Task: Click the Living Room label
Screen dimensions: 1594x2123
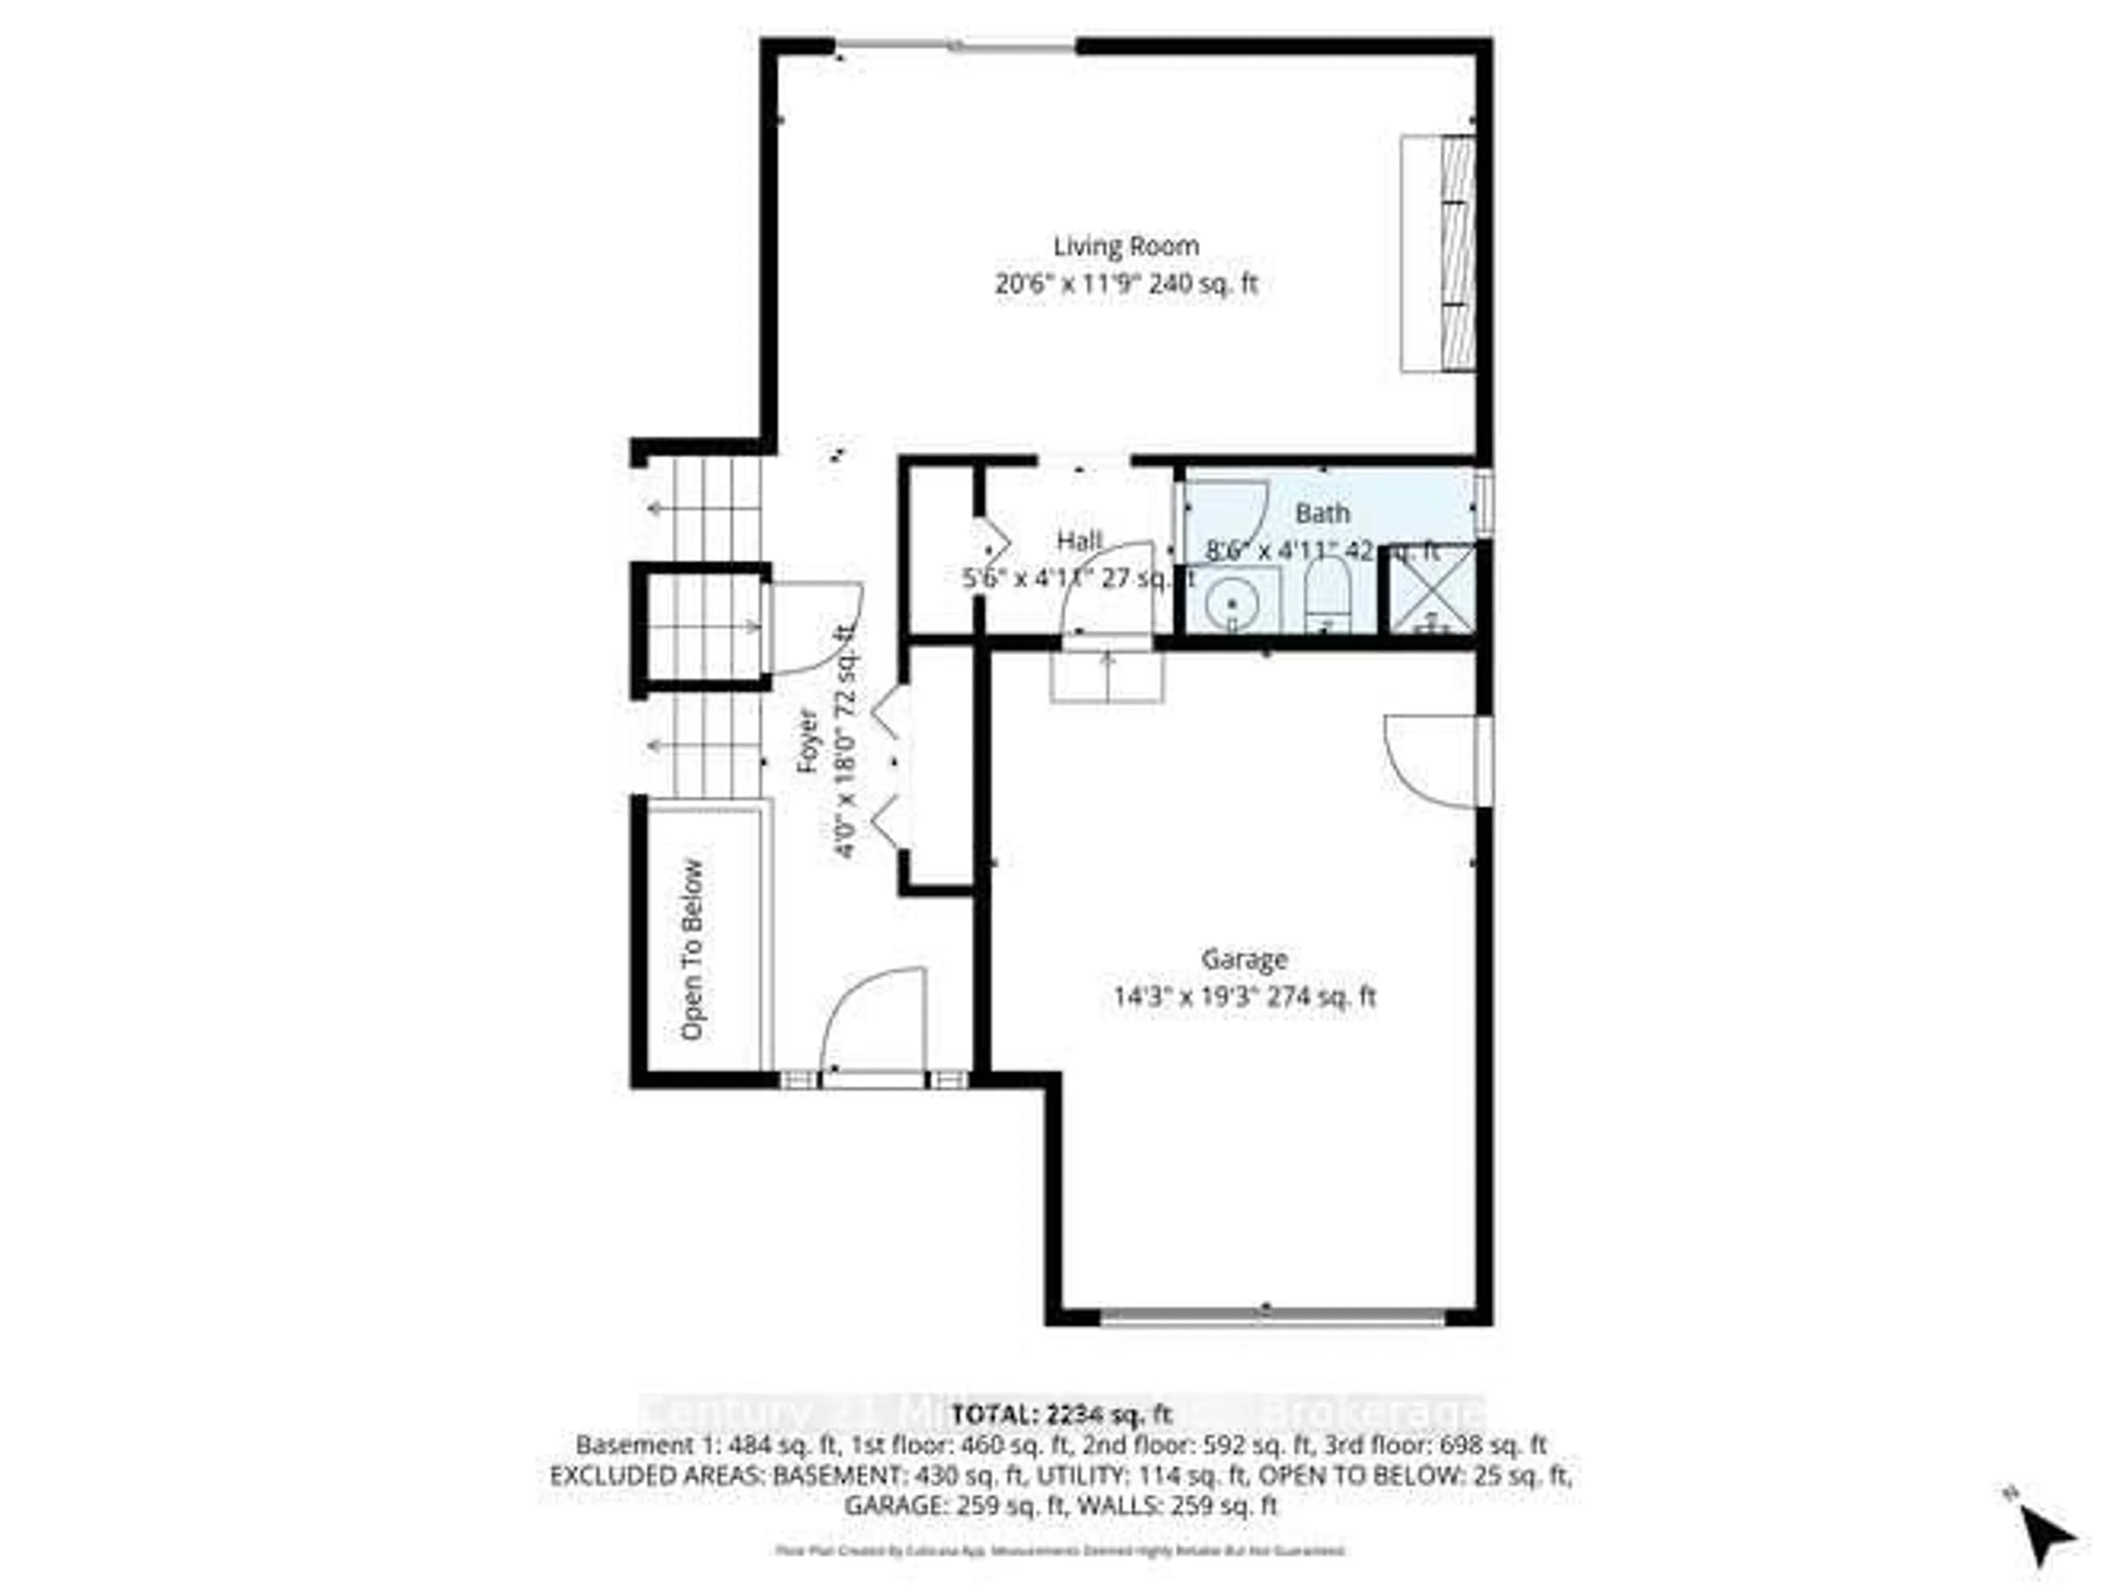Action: tap(1126, 247)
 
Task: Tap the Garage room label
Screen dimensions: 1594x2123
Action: tap(1244, 959)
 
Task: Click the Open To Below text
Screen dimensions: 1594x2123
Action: tap(692, 949)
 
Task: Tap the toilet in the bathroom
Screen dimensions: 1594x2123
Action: tap(1327, 595)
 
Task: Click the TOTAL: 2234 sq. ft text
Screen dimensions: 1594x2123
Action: tap(1061, 1414)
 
